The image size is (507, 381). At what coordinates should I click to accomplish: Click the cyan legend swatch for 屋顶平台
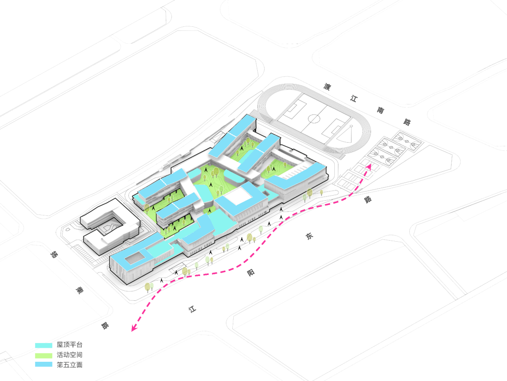pos(44,345)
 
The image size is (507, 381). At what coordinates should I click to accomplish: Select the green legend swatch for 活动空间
pos(44,356)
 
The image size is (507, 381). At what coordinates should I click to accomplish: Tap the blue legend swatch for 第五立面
pos(44,365)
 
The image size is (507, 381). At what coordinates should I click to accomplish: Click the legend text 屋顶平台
pos(69,345)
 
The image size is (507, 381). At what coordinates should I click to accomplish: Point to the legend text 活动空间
pos(69,355)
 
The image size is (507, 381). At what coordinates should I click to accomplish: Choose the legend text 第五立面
pos(69,365)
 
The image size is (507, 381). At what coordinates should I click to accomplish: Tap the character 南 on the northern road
pos(380,110)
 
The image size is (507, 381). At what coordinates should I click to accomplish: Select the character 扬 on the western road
pos(54,254)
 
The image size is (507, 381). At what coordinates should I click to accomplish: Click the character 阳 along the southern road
pos(251,273)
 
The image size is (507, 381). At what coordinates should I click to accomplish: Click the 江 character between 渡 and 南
pos(354,98)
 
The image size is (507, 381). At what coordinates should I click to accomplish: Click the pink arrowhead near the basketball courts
pos(369,166)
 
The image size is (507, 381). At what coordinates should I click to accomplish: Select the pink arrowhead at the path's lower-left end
pos(134,328)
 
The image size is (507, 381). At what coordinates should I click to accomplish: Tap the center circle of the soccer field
pos(314,119)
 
